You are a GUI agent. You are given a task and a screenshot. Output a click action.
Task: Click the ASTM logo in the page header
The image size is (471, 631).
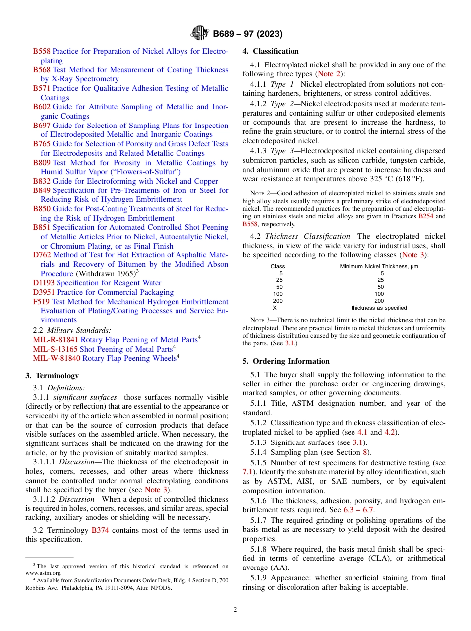click(200, 34)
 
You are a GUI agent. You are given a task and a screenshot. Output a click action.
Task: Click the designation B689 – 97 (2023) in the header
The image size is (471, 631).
click(247, 34)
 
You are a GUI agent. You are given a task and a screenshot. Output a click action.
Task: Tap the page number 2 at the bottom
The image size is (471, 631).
click(235, 609)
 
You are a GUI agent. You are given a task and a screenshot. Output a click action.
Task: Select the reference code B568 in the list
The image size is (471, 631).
click(42, 70)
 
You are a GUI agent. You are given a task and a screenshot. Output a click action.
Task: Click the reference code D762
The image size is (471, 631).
click(42, 255)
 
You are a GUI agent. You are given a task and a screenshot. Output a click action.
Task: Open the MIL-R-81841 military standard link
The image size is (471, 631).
click(56, 339)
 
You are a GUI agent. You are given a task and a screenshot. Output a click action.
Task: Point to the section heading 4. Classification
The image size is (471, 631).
click(271, 51)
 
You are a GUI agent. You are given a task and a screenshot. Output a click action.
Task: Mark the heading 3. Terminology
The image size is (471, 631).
click(52, 376)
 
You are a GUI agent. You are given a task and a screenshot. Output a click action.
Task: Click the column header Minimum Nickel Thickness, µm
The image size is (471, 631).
click(379, 266)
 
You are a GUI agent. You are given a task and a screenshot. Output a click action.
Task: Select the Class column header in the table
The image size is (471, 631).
click(278, 266)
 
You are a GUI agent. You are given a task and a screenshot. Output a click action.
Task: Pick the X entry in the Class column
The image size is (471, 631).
click(275, 308)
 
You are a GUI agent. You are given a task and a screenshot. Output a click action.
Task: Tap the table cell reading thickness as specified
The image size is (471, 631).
click(379, 308)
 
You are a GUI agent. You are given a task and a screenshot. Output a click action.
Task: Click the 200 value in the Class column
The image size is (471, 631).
click(278, 301)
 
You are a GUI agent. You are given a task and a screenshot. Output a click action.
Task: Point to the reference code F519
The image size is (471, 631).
click(41, 302)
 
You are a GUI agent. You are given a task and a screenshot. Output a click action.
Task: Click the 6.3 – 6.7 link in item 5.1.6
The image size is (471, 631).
click(358, 510)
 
